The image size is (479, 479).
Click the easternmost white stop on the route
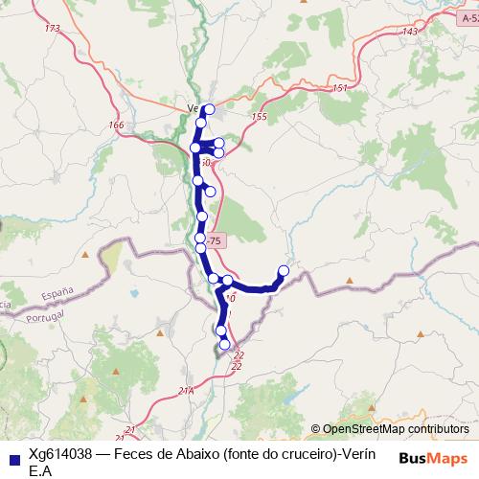coord(284,271)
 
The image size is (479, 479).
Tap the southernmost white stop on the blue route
coord(225,344)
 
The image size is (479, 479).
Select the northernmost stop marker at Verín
coord(209,109)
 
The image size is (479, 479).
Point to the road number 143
coord(411,33)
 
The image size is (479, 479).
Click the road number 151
coord(340,89)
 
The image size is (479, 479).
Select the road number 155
coord(259,117)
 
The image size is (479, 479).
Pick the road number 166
coord(117,125)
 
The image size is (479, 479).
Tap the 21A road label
coord(186,391)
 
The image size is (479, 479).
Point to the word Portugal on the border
coord(45,315)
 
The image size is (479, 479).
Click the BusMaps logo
coord(434,458)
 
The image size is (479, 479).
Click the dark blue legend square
coord(12,459)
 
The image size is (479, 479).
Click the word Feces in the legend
coord(135,453)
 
